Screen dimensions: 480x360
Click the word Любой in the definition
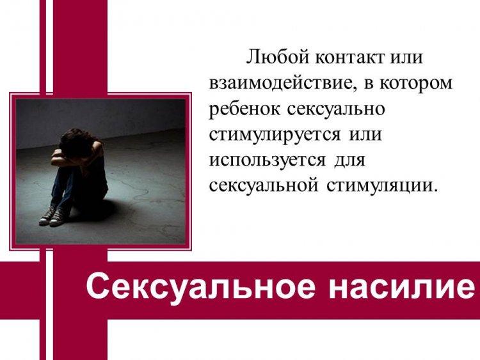click(278, 57)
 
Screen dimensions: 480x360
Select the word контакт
click(349, 57)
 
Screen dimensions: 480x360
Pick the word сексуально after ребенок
click(336, 109)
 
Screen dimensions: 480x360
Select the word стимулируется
click(275, 135)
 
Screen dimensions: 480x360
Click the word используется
click(268, 160)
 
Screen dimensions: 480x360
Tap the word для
click(349, 161)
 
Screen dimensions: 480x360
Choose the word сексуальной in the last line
click(264, 185)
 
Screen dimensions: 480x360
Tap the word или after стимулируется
click(365, 135)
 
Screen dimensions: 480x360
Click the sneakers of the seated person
click(51, 215)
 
